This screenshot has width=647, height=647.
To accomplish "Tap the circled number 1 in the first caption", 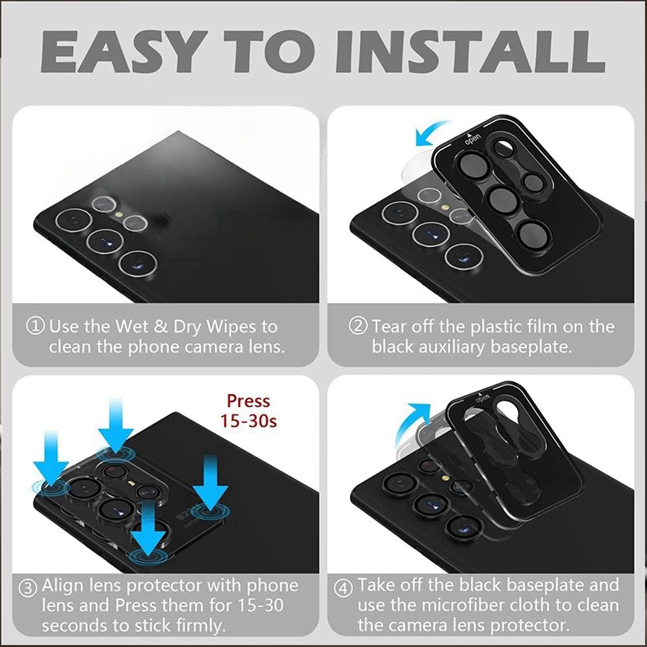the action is pyautogui.click(x=35, y=326).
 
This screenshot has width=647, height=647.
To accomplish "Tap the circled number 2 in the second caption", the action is pyautogui.click(x=358, y=326).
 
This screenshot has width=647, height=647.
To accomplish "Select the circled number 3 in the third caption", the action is pyautogui.click(x=28, y=587).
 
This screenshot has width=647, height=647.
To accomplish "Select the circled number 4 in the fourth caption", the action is pyautogui.click(x=343, y=587).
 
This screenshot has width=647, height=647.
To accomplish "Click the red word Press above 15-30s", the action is pyautogui.click(x=248, y=402).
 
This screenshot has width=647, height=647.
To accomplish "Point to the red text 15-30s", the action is pyautogui.click(x=248, y=421).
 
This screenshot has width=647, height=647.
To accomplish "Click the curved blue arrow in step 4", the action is pyautogui.click(x=406, y=423).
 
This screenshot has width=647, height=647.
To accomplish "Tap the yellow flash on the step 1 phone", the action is pyautogui.click(x=119, y=214).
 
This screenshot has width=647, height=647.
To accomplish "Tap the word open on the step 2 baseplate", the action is pyautogui.click(x=473, y=140).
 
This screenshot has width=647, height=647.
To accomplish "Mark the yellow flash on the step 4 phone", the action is pyautogui.click(x=445, y=478).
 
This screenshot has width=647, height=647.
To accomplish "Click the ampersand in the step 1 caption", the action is pyautogui.click(x=160, y=327).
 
